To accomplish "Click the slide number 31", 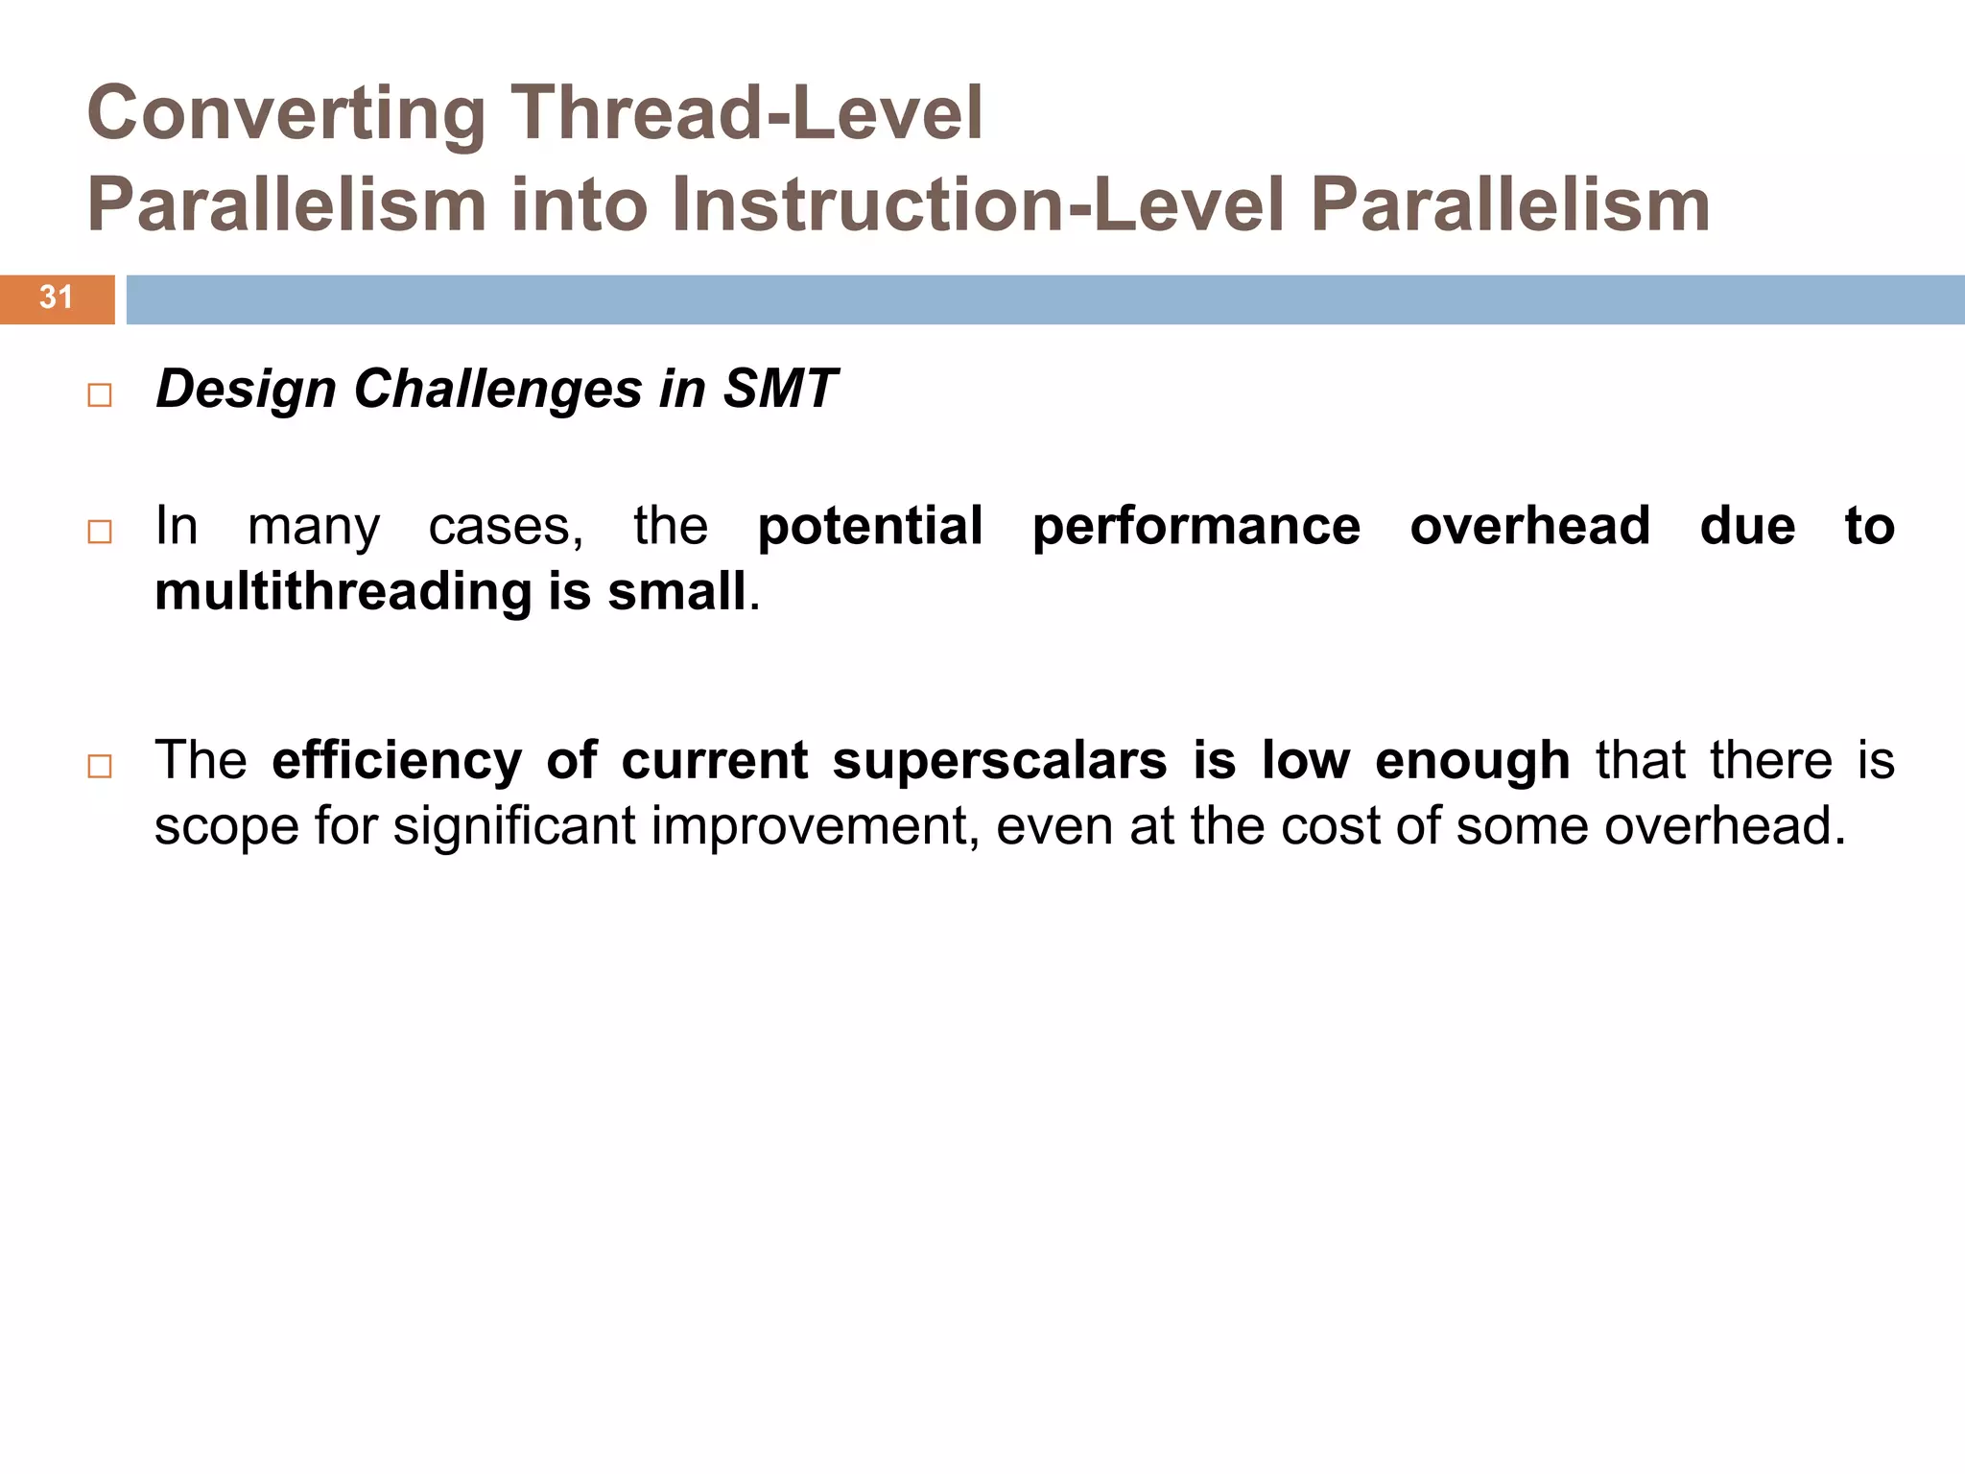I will [x=56, y=297].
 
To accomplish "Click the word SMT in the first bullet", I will [x=780, y=390].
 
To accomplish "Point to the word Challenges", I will [x=497, y=390].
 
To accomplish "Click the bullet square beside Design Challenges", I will [x=100, y=395].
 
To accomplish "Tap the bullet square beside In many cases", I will [x=100, y=532].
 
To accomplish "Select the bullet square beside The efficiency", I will [x=100, y=766].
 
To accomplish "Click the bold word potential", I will [x=870, y=527].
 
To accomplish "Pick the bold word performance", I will [x=1196, y=527].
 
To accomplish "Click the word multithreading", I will [x=343, y=591].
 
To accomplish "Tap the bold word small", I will [x=676, y=591].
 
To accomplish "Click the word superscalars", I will [x=999, y=761].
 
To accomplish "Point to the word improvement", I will [x=815, y=826].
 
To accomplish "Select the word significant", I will [x=514, y=826].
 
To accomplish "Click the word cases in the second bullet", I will [x=505, y=527].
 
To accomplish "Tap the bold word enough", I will [x=1472, y=761].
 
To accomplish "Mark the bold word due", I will [x=1747, y=527].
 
